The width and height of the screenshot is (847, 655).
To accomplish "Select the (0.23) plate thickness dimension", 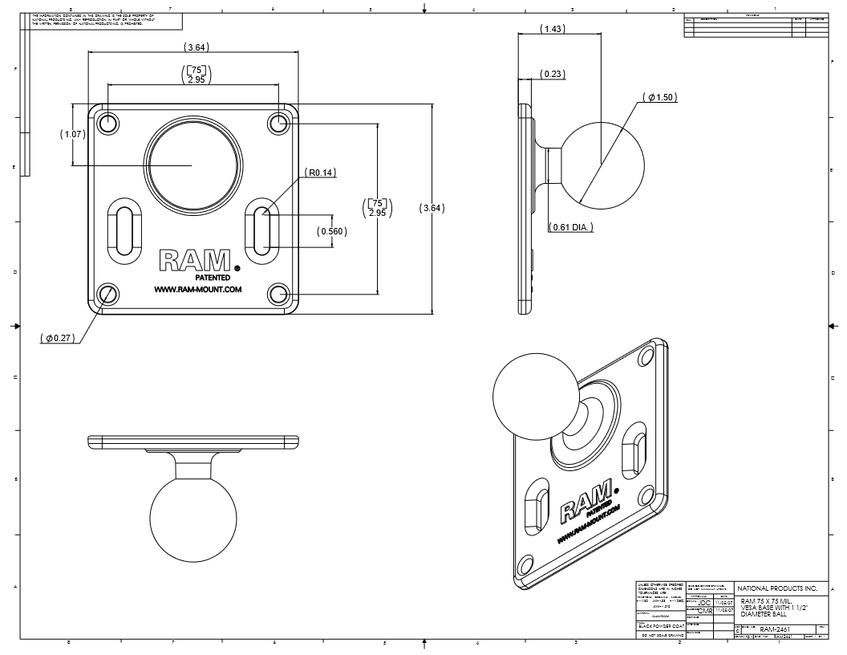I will click(551, 74).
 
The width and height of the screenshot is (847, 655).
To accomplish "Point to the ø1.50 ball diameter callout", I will click(660, 97).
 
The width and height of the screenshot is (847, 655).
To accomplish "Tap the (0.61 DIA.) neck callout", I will click(571, 227).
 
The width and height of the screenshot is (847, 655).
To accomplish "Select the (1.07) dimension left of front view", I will click(72, 134).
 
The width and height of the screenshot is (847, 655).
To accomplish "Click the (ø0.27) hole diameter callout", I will click(59, 338).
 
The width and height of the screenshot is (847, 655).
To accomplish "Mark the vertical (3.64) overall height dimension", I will click(432, 208).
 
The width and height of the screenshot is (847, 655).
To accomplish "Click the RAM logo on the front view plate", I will click(195, 260).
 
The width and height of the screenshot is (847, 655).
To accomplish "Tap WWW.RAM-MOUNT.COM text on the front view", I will click(197, 290).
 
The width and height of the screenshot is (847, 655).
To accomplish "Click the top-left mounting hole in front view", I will click(108, 123).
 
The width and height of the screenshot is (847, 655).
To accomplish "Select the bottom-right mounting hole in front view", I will click(278, 294).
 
